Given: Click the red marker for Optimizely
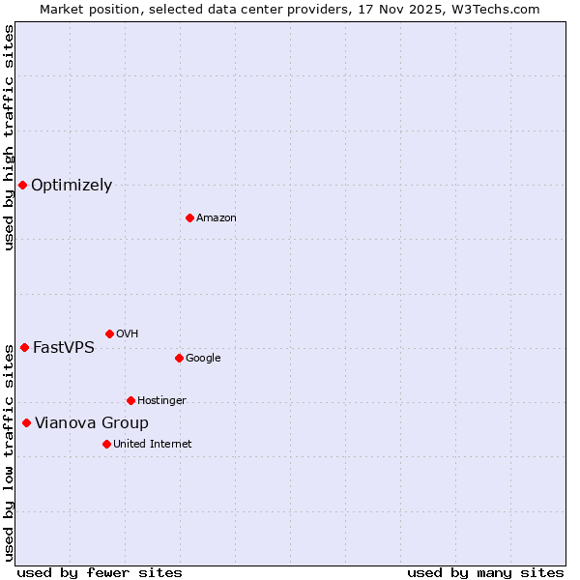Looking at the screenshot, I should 22,185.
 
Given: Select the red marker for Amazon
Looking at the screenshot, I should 189,217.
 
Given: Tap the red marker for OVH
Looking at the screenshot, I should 109,333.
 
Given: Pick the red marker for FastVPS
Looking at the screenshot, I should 24,347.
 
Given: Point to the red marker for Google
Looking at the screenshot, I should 179,358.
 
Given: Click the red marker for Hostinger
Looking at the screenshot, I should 130,400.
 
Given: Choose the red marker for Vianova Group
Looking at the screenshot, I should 26,422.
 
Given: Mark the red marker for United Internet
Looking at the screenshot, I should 106,444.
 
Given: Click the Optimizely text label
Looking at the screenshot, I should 72,186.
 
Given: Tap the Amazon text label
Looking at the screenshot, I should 217,218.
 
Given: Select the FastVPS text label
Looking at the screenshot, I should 64,348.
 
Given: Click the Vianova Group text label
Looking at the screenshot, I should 92,423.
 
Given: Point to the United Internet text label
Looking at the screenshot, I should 153,445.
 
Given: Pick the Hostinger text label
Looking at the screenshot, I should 161,401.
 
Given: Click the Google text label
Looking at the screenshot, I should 203,359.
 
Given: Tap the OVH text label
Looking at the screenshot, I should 127,334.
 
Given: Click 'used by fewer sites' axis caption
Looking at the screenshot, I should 100,572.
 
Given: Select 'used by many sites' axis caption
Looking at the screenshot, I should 485,572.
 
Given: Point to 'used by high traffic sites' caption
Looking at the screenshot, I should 9,137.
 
